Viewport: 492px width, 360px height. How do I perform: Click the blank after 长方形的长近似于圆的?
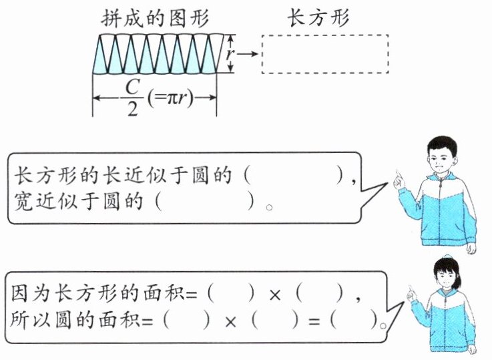[294, 176]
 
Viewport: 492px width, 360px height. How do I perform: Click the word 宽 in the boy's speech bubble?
[23, 202]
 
